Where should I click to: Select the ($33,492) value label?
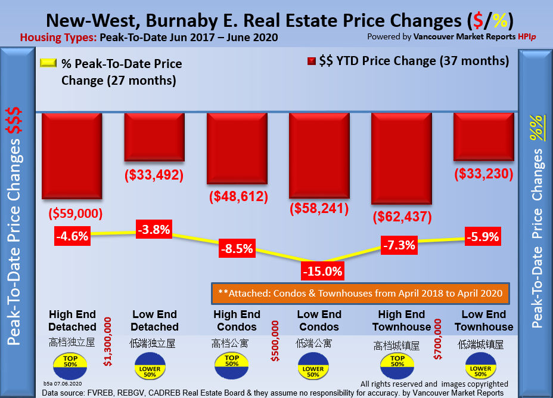coord(154,175)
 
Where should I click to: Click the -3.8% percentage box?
coord(154,229)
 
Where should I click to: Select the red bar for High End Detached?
coord(72,156)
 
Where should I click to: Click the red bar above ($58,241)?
coord(318,155)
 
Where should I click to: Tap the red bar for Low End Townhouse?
coord(483,137)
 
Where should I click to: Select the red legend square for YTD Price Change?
coord(312,62)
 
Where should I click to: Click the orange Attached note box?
coord(361,293)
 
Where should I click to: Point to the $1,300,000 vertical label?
coord(108,342)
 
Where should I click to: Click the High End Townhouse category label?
coord(401,320)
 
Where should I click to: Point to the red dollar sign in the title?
coord(477,20)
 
